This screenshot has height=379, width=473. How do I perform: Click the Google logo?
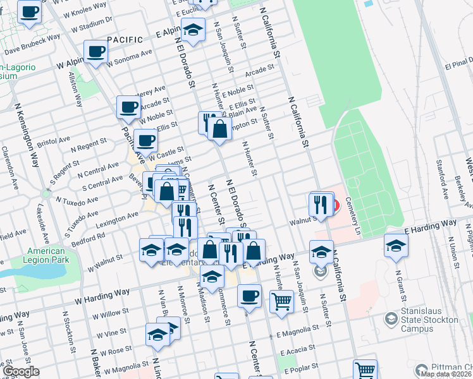tap(21, 371)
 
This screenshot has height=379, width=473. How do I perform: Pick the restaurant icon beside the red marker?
tap(320, 205)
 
